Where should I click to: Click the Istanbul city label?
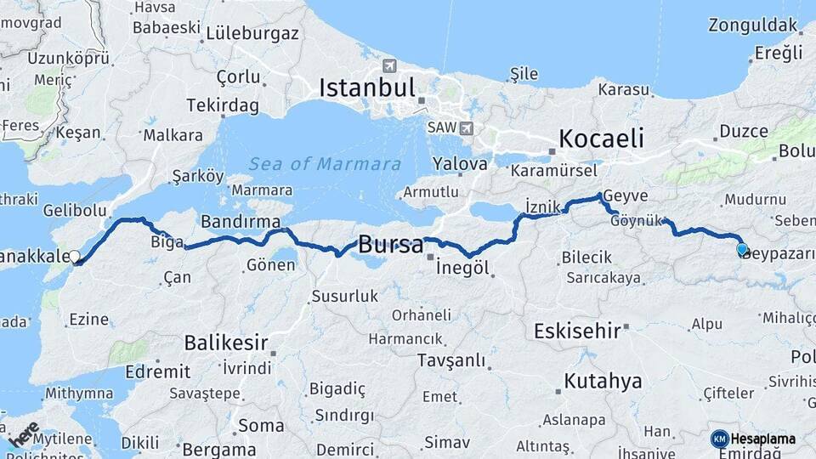point(367,87)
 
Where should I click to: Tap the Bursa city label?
point(390,245)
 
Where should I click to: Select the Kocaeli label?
point(601,138)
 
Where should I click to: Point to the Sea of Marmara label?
point(326,164)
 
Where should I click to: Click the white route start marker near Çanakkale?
point(75,256)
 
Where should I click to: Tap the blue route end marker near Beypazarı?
point(742,249)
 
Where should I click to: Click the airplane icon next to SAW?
point(466,128)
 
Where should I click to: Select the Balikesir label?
point(226,343)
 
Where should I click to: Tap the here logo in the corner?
point(23,434)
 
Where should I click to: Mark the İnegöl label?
point(462,268)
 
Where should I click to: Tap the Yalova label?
point(460,163)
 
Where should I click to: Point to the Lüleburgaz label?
point(253,33)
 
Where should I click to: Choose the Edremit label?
point(157,371)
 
